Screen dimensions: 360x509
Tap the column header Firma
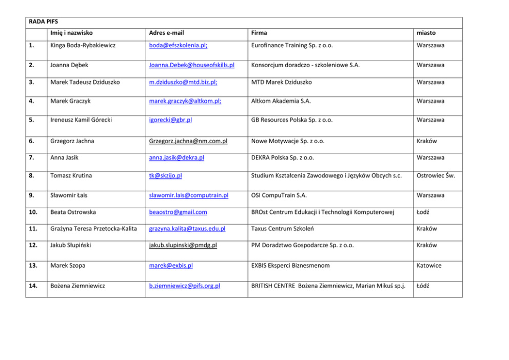coord(259,33)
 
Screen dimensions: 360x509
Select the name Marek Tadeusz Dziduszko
coord(85,82)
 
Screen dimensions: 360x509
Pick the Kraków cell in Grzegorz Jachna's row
coord(427,141)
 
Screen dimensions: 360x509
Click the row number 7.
coord(31,157)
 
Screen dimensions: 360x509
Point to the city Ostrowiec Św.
coord(436,175)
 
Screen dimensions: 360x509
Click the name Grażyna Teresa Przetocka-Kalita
coord(94,229)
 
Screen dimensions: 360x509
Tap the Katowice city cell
coord(429,266)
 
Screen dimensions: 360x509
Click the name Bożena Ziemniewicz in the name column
coord(77,286)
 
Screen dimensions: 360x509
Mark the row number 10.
coord(33,212)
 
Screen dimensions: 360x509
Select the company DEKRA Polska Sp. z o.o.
coord(283,157)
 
